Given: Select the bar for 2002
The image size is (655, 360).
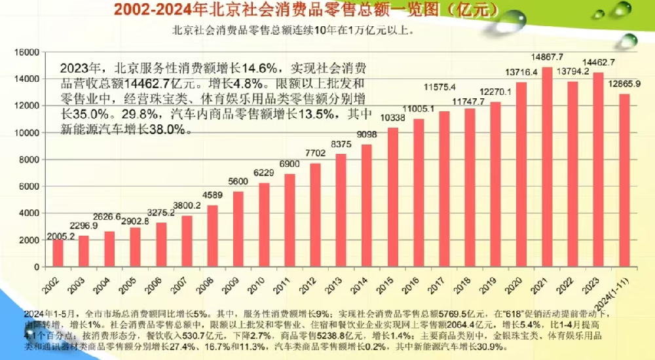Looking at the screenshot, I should [58, 253].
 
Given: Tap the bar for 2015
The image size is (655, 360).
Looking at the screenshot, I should [393, 197].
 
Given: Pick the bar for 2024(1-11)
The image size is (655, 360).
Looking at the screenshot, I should [624, 180].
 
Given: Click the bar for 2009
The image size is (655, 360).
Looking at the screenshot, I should [238, 229].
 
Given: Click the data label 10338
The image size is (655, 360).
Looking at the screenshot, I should [392, 118].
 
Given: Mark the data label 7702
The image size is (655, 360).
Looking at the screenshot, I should [315, 153].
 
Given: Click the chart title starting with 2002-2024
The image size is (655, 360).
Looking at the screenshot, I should [305, 10].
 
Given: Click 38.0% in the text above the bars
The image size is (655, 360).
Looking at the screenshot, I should [160, 130].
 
